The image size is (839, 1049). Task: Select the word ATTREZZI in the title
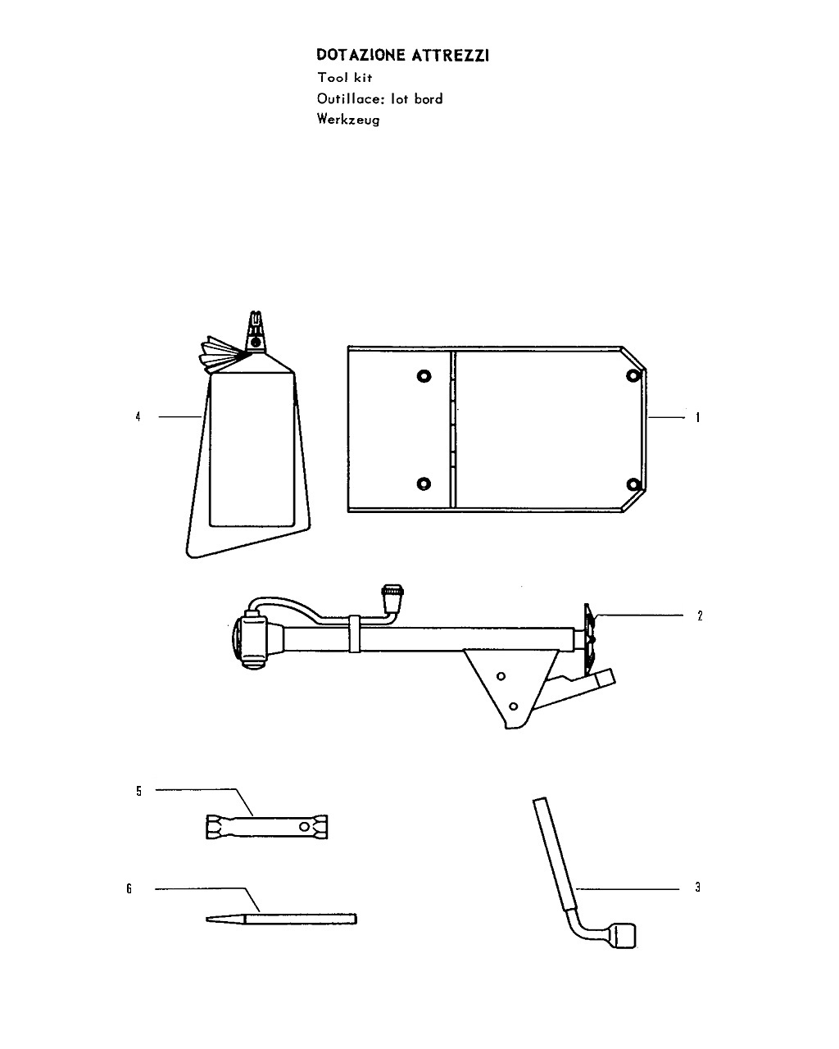point(451,55)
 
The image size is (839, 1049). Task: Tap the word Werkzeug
point(348,120)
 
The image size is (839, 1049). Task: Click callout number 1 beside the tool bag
point(697,417)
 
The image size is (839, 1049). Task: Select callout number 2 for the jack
point(700,615)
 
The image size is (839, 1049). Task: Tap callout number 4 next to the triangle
point(138,417)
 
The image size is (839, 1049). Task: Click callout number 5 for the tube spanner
point(139,791)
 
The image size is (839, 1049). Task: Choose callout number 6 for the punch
point(129,888)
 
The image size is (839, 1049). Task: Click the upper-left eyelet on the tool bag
point(424,376)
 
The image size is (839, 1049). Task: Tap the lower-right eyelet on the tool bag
point(633,484)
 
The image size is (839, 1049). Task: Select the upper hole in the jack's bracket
point(501,676)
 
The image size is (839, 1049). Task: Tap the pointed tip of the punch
point(207,919)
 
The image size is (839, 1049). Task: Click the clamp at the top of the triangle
point(256,331)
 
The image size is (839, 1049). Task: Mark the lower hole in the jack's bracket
point(513,706)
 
